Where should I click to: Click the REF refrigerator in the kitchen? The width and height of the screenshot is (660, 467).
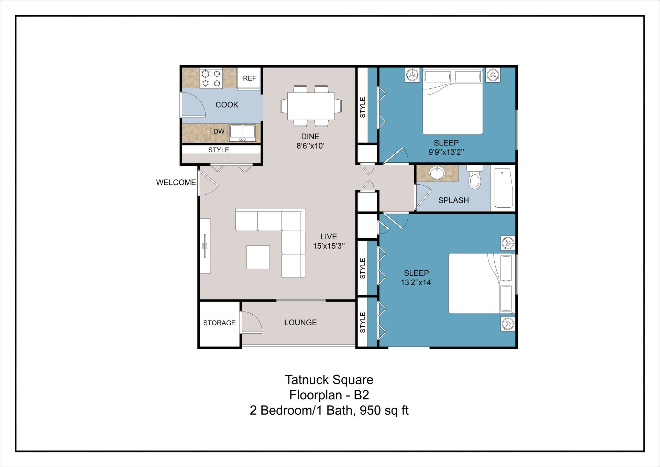click(249, 78)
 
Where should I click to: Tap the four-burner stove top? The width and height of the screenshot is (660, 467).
click(211, 78)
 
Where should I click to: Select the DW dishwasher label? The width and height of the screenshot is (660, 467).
click(219, 131)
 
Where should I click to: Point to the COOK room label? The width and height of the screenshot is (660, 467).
click(227, 105)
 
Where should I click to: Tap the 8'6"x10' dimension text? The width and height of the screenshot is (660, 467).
click(310, 146)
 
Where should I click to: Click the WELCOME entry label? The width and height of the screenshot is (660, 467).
click(176, 183)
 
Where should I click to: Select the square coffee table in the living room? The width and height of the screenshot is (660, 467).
click(258, 257)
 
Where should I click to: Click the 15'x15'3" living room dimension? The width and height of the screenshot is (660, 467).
click(329, 246)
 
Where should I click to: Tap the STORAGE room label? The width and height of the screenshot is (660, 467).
click(219, 323)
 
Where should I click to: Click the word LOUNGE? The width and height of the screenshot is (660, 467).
click(300, 323)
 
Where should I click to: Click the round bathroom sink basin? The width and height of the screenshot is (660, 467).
click(437, 174)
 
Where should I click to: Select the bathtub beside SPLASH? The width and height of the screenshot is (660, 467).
click(503, 188)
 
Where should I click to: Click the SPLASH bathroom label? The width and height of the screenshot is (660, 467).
click(453, 200)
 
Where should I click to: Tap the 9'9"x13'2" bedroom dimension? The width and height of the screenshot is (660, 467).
click(446, 152)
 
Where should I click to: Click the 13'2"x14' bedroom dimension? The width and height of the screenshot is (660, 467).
click(416, 282)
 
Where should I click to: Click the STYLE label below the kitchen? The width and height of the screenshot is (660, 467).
click(218, 150)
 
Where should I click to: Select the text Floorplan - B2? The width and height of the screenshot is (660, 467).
click(329, 395)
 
